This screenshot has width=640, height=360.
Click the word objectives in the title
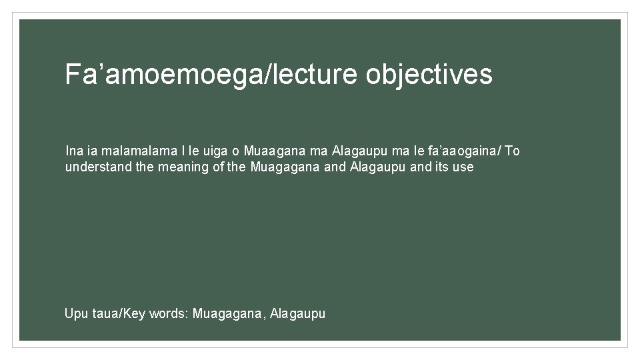[429, 75]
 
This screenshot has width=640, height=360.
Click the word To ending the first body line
[512, 151]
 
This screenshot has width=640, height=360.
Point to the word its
[441, 167]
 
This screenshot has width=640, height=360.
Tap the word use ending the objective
[463, 167]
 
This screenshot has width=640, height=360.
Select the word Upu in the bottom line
[75, 313]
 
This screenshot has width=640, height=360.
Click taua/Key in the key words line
[117, 313]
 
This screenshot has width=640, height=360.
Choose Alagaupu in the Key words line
[298, 313]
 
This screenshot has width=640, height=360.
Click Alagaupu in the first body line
[358, 151]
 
